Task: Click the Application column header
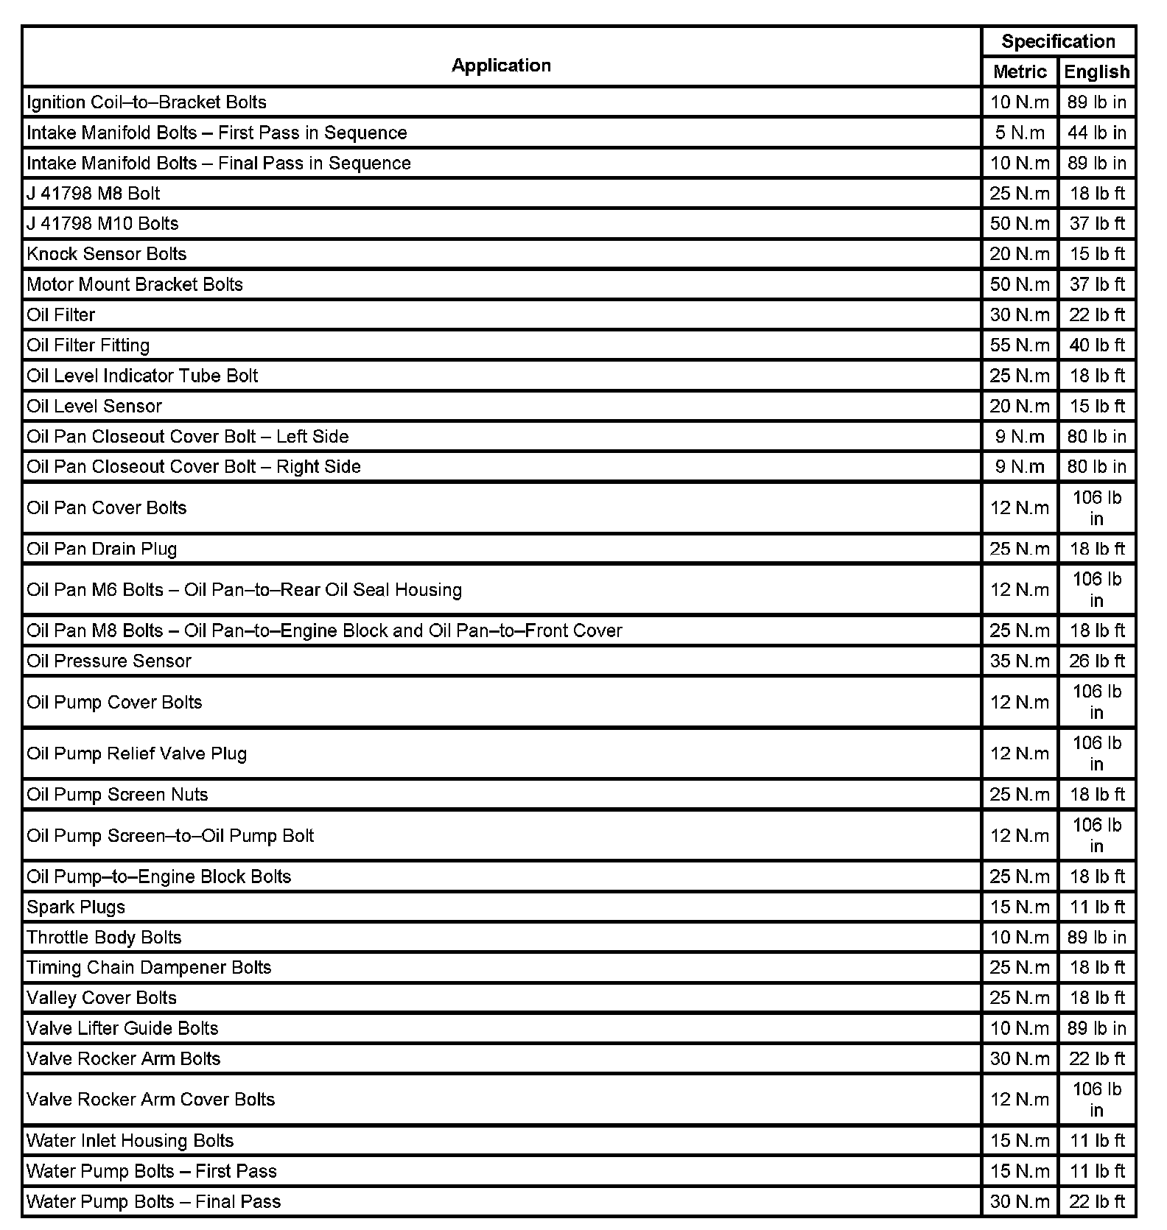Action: [x=501, y=66]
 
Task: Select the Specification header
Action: [x=1058, y=41]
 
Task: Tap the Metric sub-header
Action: [x=1020, y=71]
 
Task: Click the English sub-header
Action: [x=1096, y=71]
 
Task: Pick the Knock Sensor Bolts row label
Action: [x=107, y=254]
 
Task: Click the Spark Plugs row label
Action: [x=76, y=907]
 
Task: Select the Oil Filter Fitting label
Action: [x=88, y=345]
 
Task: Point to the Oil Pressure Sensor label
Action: [x=109, y=661]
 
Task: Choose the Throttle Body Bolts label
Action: [x=104, y=937]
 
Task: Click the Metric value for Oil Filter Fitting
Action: [x=1020, y=345]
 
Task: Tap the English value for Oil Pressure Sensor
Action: [x=1096, y=661]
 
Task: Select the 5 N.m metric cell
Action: [x=1020, y=133]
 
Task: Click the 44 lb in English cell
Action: [x=1096, y=133]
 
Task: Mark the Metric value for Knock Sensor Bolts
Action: [x=1020, y=254]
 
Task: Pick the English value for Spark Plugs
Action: [x=1096, y=907]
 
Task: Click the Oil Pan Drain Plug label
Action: [x=102, y=549]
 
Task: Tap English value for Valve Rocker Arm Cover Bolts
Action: [x=1096, y=1099]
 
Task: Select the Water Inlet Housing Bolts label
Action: [x=130, y=1140]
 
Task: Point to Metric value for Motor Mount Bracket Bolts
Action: [x=1020, y=284]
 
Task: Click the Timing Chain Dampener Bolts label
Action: [x=149, y=967]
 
